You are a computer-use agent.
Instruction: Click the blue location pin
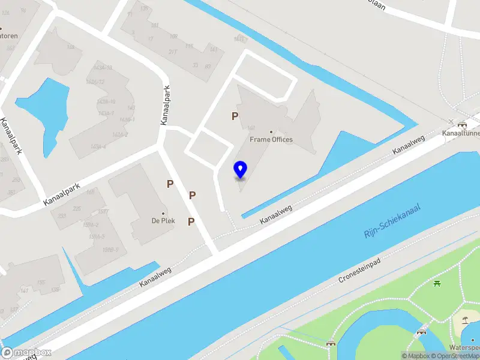[x=241, y=169]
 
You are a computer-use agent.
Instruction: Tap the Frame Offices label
[x=271, y=140]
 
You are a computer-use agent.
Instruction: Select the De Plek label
[x=163, y=220]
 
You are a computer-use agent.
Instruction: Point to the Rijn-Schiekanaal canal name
[x=392, y=220]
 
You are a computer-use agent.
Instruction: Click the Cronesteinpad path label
[x=361, y=271]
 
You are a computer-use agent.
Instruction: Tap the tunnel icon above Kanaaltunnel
[x=462, y=125]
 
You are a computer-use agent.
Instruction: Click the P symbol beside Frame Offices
[x=235, y=116]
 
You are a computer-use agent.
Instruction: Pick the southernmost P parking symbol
[x=191, y=222]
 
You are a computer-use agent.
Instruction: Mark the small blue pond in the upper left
[x=44, y=106]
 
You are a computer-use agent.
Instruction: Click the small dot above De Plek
[x=163, y=213]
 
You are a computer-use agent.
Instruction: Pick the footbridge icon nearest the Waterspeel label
[x=422, y=330]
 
